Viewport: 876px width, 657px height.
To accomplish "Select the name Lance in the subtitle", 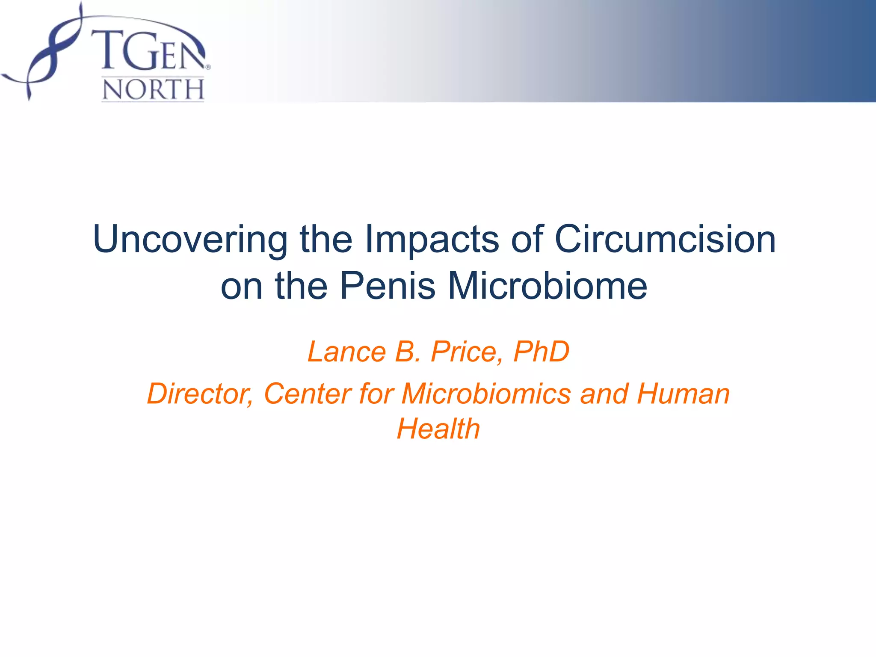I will (x=346, y=352).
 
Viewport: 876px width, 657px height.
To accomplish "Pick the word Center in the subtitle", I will (x=308, y=394).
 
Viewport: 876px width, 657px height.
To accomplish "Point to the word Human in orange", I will (x=683, y=394).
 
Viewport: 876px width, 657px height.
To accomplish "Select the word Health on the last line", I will (x=438, y=429).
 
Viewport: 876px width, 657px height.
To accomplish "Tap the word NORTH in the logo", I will (x=153, y=90).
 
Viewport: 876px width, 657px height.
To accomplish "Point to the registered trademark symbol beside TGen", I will (x=208, y=67).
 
